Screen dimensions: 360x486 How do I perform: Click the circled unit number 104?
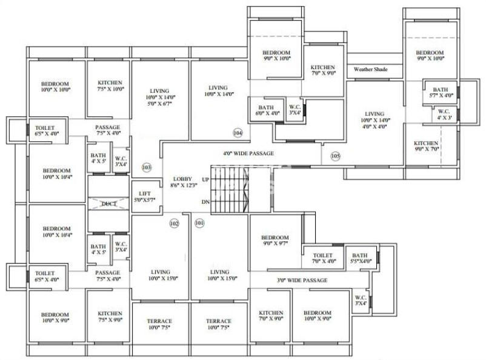(238, 133)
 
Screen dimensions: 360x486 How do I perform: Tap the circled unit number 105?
(335, 156)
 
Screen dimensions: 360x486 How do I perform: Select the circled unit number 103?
(146, 167)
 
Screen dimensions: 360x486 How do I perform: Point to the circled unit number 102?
(175, 224)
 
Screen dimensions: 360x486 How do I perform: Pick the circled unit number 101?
(200, 224)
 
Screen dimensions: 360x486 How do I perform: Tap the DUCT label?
(109, 204)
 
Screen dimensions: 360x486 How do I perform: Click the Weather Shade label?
(370, 70)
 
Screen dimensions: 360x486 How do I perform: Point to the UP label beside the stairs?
(205, 180)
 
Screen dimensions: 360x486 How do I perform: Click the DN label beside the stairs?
(205, 202)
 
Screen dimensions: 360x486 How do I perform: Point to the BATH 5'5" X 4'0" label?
(361, 259)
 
